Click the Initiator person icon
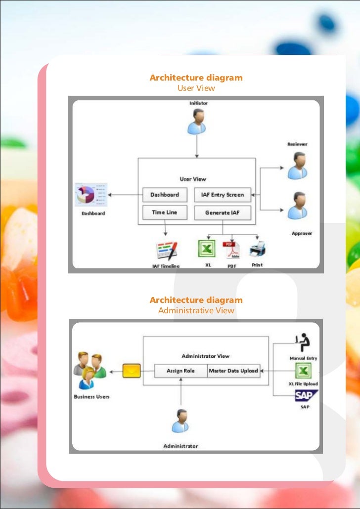pos(197,122)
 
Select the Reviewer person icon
pos(298,165)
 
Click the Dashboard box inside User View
pos(165,195)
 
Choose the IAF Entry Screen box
pos(222,195)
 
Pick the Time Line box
pos(165,212)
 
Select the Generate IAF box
pos(222,212)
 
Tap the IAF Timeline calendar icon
pos(167,251)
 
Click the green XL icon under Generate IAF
pos(207,249)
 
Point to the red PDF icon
pos(231,250)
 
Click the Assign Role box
pos(180,371)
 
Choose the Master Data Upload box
pos(233,371)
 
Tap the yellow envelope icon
pos(132,371)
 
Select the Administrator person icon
pos(180,421)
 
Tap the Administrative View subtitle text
pos(196,311)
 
